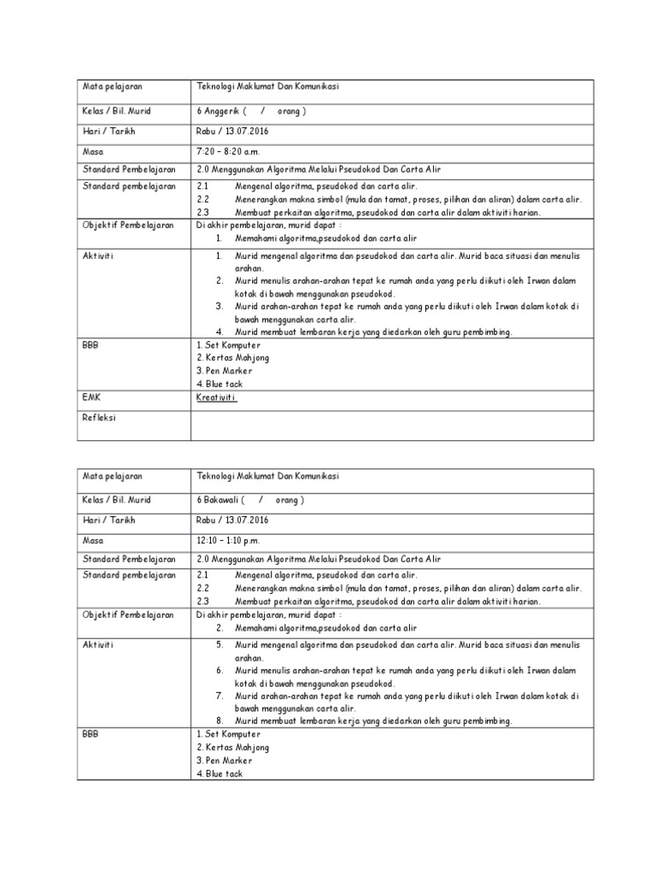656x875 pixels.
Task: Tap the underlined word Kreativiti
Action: pyautogui.click(x=216, y=397)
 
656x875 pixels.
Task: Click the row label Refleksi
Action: pyautogui.click(x=99, y=418)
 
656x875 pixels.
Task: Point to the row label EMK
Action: pyautogui.click(x=91, y=397)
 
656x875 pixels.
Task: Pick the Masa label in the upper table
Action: pyautogui.click(x=92, y=151)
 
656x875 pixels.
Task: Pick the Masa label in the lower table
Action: pyautogui.click(x=92, y=540)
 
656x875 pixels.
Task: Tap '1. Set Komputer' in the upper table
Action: pyautogui.click(x=227, y=344)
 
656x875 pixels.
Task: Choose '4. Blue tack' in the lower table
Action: pyautogui.click(x=220, y=773)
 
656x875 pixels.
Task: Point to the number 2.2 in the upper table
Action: pyautogui.click(x=202, y=199)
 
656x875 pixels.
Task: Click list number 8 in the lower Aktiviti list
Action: pyautogui.click(x=219, y=720)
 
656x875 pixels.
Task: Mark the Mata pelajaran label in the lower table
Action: pyautogui.click(x=112, y=476)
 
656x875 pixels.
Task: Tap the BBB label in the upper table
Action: pyautogui.click(x=91, y=344)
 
